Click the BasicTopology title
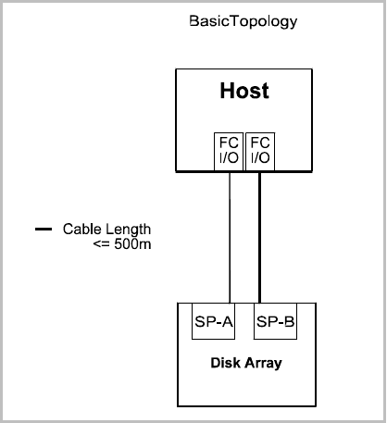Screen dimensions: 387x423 (x=243, y=22)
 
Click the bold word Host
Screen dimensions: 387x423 (x=244, y=91)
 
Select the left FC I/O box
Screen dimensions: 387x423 (x=229, y=152)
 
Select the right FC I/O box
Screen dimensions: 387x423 (x=260, y=152)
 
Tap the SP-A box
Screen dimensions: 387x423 (x=213, y=321)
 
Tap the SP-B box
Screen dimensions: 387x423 (x=275, y=321)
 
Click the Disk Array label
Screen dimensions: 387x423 (x=246, y=363)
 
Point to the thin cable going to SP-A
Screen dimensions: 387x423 (x=230, y=238)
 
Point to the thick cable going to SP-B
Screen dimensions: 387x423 (x=259, y=238)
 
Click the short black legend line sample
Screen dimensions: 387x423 (x=44, y=229)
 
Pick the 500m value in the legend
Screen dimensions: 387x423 (x=132, y=244)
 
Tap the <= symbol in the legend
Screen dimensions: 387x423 (x=102, y=244)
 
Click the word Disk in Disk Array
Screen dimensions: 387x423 (x=225, y=363)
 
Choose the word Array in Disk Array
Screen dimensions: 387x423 (x=264, y=364)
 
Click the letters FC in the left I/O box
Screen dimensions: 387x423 (x=229, y=143)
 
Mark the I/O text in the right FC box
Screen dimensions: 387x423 (x=260, y=158)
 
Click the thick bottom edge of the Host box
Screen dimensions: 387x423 (x=244, y=171)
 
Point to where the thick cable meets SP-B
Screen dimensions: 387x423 (x=259, y=303)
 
